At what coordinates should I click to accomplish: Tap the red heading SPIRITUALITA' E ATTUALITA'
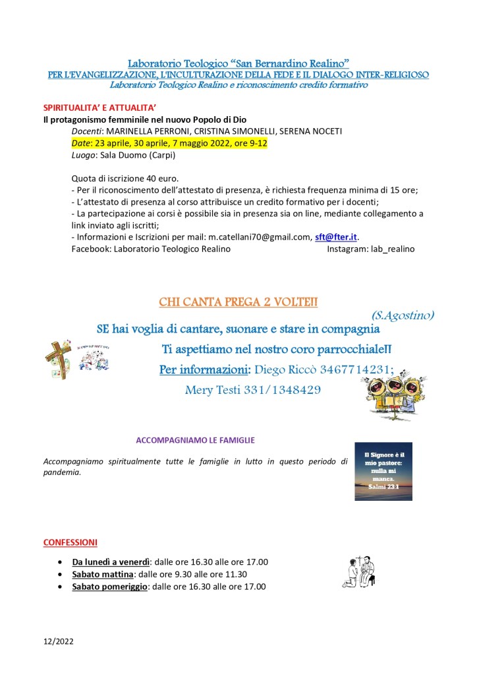(94, 106)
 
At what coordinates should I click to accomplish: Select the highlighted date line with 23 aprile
(169, 143)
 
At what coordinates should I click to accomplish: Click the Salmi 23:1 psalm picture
(383, 471)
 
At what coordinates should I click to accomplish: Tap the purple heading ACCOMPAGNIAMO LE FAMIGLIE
(195, 440)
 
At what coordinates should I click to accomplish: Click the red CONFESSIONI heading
(70, 542)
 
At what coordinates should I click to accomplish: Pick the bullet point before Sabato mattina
(60, 575)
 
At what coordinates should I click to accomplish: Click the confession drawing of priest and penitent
(358, 572)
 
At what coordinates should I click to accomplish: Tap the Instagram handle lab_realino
(389, 249)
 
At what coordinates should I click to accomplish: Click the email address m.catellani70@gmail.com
(260, 237)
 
